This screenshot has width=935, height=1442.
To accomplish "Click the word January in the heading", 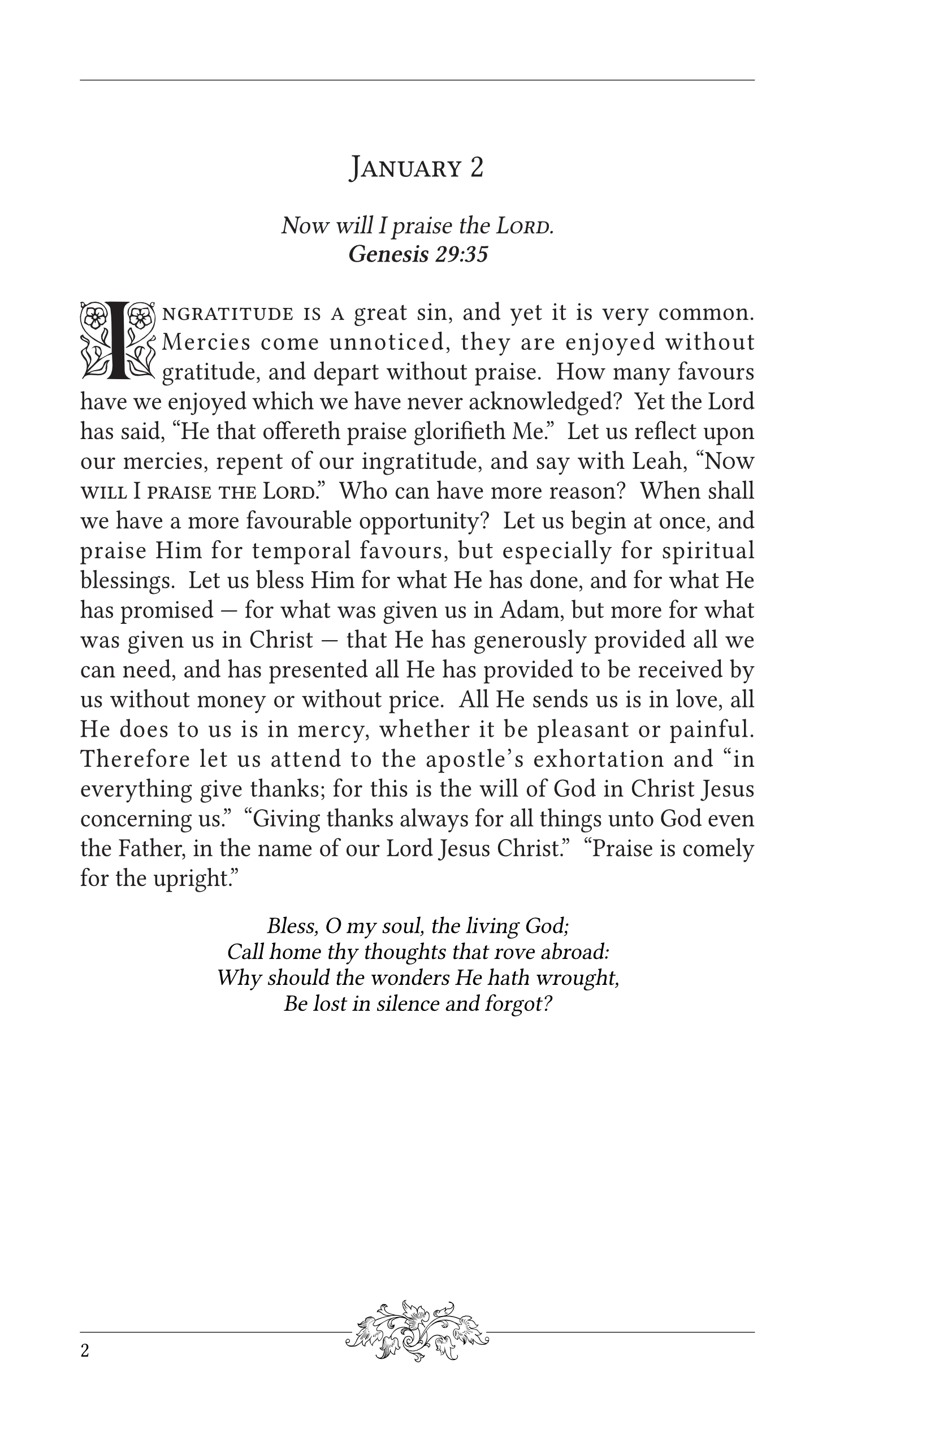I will pyautogui.click(x=405, y=168).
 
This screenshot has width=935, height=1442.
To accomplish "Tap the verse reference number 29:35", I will pyautogui.click(x=461, y=254).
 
